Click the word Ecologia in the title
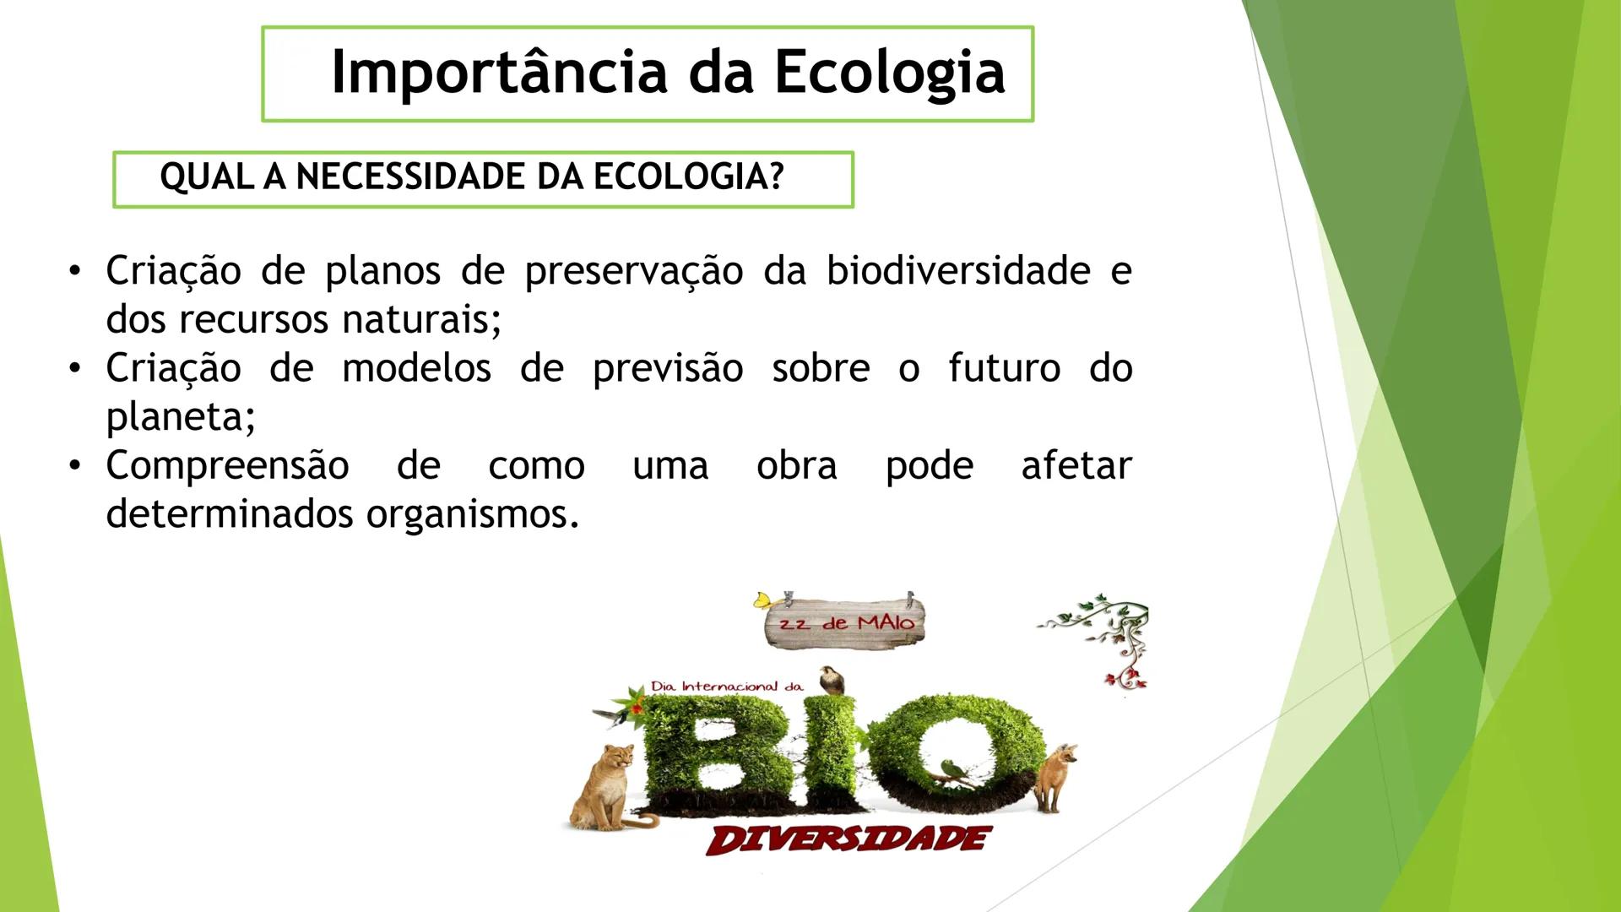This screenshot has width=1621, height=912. tap(890, 73)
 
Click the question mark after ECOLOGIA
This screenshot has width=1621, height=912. tap(777, 177)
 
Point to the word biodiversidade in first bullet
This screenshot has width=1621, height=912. tap(958, 271)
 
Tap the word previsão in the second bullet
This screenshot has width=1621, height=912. tap(667, 369)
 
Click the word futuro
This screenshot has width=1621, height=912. tap(1004, 368)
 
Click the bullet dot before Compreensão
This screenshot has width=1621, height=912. tap(76, 466)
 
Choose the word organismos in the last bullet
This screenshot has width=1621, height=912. tap(472, 514)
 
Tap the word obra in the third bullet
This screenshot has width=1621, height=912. tap(796, 466)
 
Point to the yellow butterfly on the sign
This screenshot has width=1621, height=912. tap(763, 600)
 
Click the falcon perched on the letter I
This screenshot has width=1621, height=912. tap(833, 679)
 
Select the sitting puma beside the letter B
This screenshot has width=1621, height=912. tap(603, 786)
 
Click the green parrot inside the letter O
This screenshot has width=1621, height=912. tap(953, 770)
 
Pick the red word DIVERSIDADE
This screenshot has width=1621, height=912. tap(848, 839)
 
